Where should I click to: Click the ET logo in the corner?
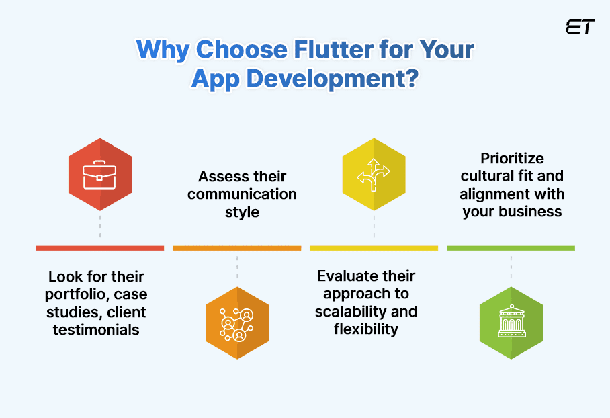[580, 28]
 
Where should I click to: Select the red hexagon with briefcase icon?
[100, 175]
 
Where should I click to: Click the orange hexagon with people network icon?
[236, 323]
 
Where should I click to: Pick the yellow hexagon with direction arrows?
[374, 175]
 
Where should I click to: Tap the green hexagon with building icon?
[511, 323]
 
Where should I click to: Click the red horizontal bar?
[99, 248]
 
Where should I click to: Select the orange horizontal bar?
[236, 248]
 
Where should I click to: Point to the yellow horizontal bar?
[374, 248]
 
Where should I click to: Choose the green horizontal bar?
[511, 248]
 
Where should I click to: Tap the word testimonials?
[96, 329]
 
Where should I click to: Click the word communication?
[242, 194]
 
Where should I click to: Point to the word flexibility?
[366, 329]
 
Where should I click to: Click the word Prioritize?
[512, 159]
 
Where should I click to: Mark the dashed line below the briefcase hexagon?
[100, 225]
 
